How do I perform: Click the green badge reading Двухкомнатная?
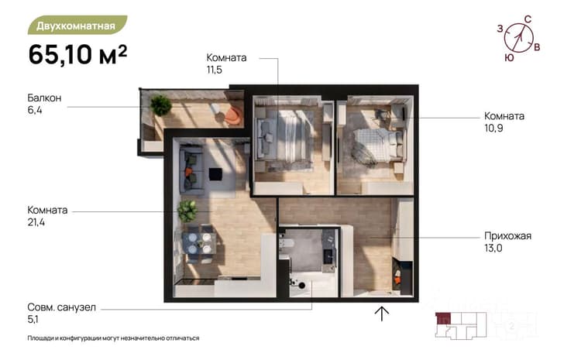77,26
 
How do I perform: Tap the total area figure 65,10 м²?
77,54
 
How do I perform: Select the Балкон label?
44,98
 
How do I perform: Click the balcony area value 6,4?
35,110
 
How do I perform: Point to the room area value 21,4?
36,222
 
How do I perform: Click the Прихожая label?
507,236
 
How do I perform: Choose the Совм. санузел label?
61,307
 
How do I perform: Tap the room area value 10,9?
493,129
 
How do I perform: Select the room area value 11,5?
214,70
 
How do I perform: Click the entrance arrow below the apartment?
381,314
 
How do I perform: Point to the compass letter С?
528,19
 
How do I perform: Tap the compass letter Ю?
510,58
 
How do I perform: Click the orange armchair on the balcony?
233,115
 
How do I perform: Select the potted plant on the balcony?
161,105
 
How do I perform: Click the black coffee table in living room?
215,174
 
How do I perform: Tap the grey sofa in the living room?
191,170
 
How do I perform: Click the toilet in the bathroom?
287,243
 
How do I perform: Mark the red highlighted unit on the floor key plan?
443,318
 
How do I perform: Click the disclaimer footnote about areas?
113,338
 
